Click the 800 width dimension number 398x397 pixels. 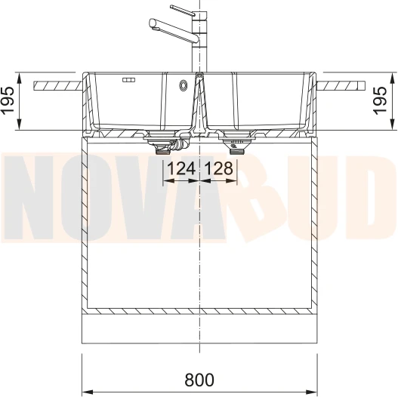[x=199, y=380]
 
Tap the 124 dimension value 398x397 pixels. [x=181, y=168]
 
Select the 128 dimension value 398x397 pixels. [x=218, y=168]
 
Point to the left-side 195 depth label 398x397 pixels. [x=8, y=100]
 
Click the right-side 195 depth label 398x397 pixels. [x=380, y=100]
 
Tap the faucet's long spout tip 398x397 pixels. [x=152, y=23]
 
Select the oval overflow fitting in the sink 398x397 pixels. [x=184, y=85]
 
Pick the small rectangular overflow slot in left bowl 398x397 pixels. [x=128, y=80]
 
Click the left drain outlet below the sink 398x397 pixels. [x=162, y=151]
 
